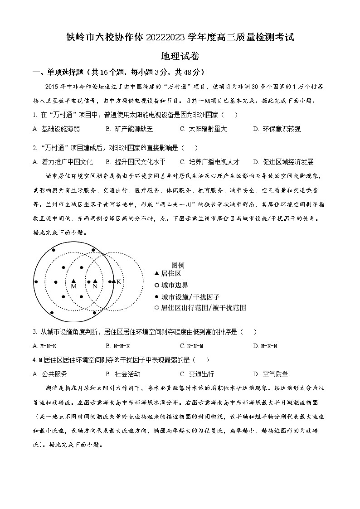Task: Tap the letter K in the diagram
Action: [x=119, y=282]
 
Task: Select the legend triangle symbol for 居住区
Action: [x=157, y=274]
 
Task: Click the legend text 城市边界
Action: [x=175, y=286]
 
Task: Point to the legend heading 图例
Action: [x=178, y=265]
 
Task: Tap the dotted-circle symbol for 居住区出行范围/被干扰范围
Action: [x=157, y=308]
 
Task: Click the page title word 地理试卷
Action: [x=180, y=56]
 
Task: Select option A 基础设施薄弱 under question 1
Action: [x=56, y=129]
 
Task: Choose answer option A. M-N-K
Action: [x=44, y=346]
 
